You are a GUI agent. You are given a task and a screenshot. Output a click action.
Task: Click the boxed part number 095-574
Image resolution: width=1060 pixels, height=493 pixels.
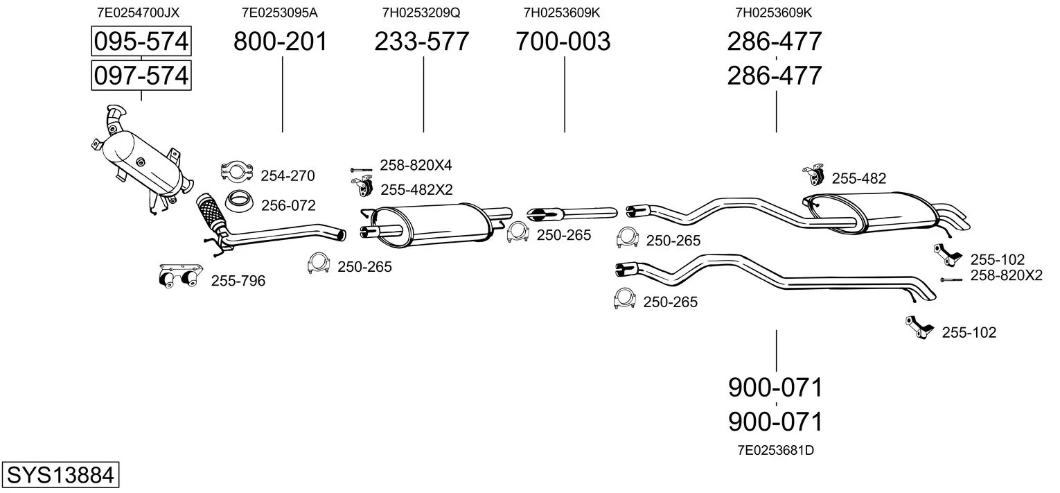pos(141,41)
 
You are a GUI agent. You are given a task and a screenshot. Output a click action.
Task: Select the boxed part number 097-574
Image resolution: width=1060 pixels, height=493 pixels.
pos(141,76)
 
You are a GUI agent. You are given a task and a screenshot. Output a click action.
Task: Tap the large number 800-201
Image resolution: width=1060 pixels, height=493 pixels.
pos(280,41)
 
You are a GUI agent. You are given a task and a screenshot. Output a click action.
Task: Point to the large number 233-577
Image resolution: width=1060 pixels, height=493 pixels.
pos(422,41)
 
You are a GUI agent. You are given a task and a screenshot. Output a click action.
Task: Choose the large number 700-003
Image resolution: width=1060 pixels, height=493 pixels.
pos(563,41)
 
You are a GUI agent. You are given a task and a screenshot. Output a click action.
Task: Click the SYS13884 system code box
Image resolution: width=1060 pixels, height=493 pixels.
pos(60,474)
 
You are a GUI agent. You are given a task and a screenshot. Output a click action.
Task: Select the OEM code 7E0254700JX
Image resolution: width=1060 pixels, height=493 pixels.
pos(138,12)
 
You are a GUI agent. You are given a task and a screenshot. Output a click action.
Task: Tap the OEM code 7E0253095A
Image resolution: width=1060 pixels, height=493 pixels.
pos(280,12)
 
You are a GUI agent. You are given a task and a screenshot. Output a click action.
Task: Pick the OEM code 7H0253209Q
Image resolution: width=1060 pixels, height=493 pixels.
pos(421,12)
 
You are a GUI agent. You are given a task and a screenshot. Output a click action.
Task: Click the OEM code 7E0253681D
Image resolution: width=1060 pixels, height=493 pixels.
pos(775,450)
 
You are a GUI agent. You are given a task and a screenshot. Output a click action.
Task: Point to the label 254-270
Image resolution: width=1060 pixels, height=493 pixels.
pos(288,175)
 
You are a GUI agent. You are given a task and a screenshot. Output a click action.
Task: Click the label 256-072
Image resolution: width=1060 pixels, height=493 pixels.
pos(288,205)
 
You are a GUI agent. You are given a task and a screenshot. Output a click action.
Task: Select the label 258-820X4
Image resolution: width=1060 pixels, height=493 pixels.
pos(416,165)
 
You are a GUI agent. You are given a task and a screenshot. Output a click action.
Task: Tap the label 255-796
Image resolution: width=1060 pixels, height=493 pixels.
pos(238,281)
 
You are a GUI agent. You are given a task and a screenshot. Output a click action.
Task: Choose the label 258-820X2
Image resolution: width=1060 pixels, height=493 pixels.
pos(1007,275)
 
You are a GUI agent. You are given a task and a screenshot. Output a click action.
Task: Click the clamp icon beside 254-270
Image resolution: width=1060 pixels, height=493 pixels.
pos(237,171)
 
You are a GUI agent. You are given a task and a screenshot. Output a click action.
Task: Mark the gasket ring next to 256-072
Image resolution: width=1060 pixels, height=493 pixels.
pos(238,201)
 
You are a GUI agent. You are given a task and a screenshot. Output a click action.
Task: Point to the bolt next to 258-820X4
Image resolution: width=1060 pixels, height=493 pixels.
pos(362,170)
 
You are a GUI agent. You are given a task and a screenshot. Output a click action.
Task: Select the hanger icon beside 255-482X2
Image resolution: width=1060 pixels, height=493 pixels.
pos(362,187)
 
